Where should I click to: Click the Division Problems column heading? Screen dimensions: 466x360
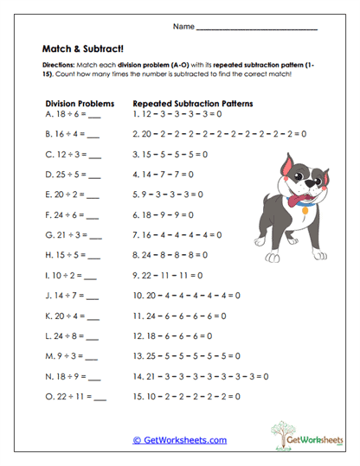(x=80, y=101)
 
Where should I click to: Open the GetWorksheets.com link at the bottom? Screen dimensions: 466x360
(x=179, y=440)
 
